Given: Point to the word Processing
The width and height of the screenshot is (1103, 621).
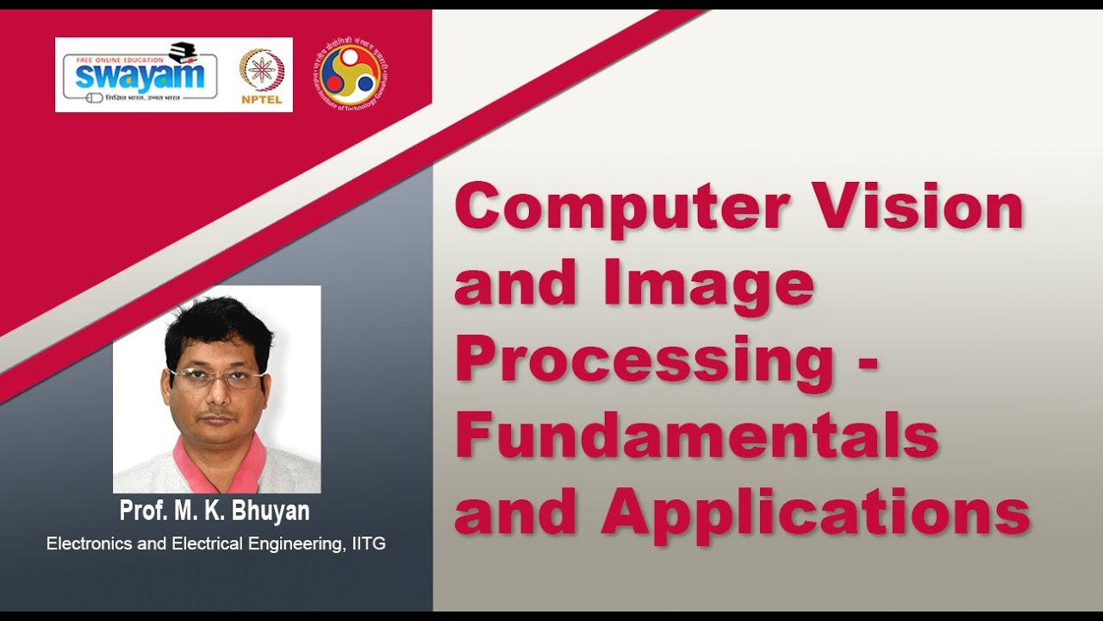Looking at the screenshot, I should click(642, 362).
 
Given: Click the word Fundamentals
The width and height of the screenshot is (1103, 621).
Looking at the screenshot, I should click(696, 436).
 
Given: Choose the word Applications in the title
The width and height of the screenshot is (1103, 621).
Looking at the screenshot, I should click(815, 512).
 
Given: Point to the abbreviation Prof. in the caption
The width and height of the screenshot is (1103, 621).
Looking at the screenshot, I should click(143, 511).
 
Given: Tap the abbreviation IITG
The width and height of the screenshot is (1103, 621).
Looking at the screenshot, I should click(366, 544).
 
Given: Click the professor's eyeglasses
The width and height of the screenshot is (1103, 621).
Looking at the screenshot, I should click(215, 378).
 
